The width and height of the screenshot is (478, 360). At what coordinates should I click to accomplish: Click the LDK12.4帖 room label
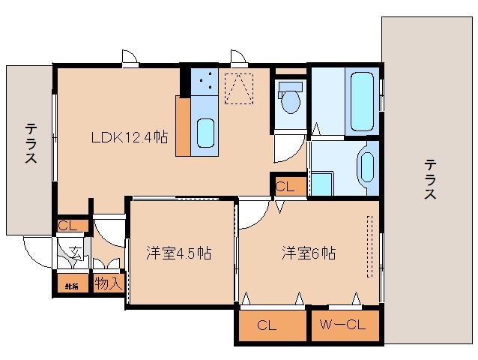[x=129, y=137]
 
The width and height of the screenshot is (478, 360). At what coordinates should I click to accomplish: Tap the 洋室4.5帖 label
[x=178, y=253]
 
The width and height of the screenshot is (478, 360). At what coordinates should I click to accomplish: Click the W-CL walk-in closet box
[x=342, y=325]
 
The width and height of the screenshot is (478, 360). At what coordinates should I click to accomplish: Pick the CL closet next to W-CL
[x=272, y=325]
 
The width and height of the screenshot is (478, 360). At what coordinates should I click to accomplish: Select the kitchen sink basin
[x=205, y=133]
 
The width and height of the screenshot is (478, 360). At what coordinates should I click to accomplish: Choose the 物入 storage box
[x=108, y=283]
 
